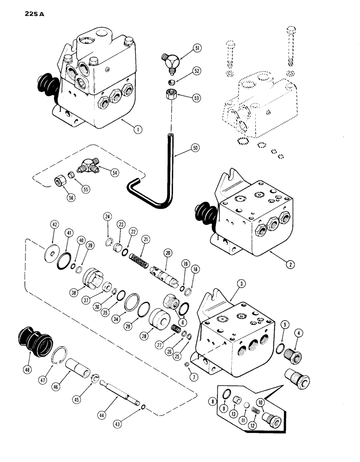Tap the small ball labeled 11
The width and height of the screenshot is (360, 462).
pos(246,404)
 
